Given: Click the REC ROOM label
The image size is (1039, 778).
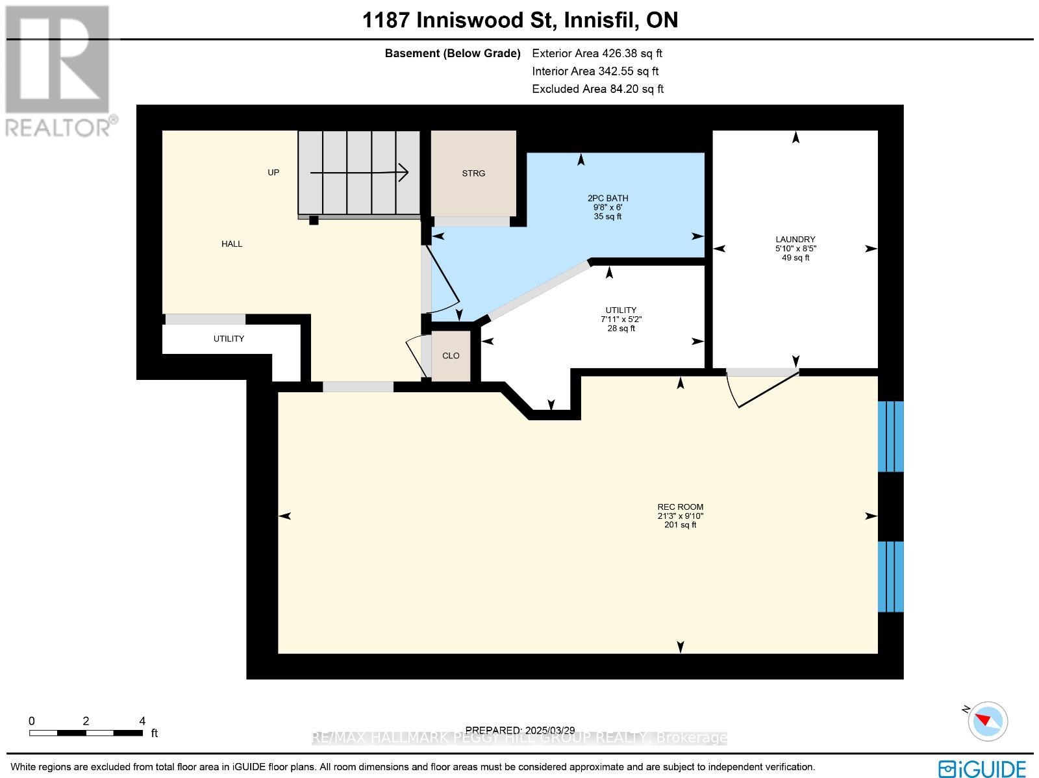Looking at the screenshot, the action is (x=680, y=507).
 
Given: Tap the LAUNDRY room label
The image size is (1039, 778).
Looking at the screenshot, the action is (x=795, y=240).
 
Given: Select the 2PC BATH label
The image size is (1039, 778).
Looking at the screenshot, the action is (x=608, y=198).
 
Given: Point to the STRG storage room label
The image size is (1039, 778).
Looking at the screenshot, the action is (x=473, y=173).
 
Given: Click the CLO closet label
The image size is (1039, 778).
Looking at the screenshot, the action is (x=451, y=356).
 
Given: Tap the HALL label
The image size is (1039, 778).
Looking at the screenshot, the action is (x=231, y=244).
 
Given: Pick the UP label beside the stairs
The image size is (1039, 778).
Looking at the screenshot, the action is (x=273, y=173).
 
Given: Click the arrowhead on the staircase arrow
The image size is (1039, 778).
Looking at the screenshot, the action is (x=403, y=173).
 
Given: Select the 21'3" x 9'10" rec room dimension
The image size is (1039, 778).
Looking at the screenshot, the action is (x=680, y=516).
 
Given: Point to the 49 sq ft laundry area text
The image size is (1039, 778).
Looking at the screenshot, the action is (x=795, y=258).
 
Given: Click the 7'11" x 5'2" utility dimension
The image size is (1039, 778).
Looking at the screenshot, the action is (x=621, y=320).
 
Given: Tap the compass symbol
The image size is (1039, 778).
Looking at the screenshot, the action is (x=987, y=722).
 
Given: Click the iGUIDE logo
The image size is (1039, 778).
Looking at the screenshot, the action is (x=982, y=768).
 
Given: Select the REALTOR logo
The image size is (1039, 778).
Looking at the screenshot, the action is (x=58, y=71).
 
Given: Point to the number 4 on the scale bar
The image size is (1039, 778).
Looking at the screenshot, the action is (x=142, y=721).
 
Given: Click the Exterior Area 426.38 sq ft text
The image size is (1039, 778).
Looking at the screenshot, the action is (x=597, y=53).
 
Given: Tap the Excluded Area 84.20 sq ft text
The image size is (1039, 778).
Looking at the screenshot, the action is (x=597, y=89).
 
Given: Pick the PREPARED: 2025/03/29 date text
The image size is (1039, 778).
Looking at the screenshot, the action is (x=519, y=731).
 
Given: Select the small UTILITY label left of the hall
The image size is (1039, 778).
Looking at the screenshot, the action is (x=229, y=339).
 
